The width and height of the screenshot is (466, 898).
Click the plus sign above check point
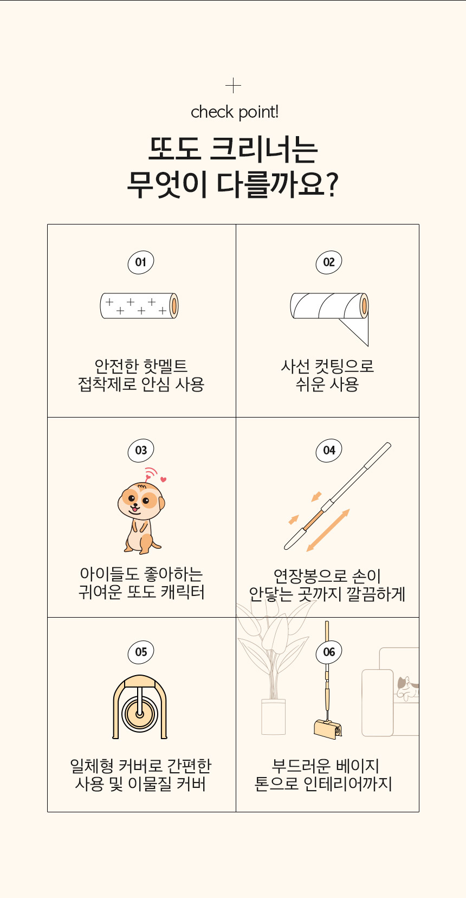[x=233, y=85]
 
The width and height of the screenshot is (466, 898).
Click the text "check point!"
[x=235, y=112]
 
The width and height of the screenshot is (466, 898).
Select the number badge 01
[x=141, y=262]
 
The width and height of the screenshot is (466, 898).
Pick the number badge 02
[x=329, y=262]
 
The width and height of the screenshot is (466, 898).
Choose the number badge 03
[x=141, y=450]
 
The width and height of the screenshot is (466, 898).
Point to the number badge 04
[x=329, y=450]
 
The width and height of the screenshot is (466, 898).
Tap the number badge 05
[x=141, y=652]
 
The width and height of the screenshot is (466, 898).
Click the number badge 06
[x=329, y=652]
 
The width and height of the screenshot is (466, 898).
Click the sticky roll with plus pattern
[x=139, y=305]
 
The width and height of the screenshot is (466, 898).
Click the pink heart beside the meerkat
[x=163, y=479]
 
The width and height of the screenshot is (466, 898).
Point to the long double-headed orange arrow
[x=328, y=530]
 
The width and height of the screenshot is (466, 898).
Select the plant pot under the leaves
[x=273, y=716]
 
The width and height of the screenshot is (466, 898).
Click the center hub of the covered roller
[x=139, y=714]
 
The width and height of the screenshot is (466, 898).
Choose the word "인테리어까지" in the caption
[x=347, y=784]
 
